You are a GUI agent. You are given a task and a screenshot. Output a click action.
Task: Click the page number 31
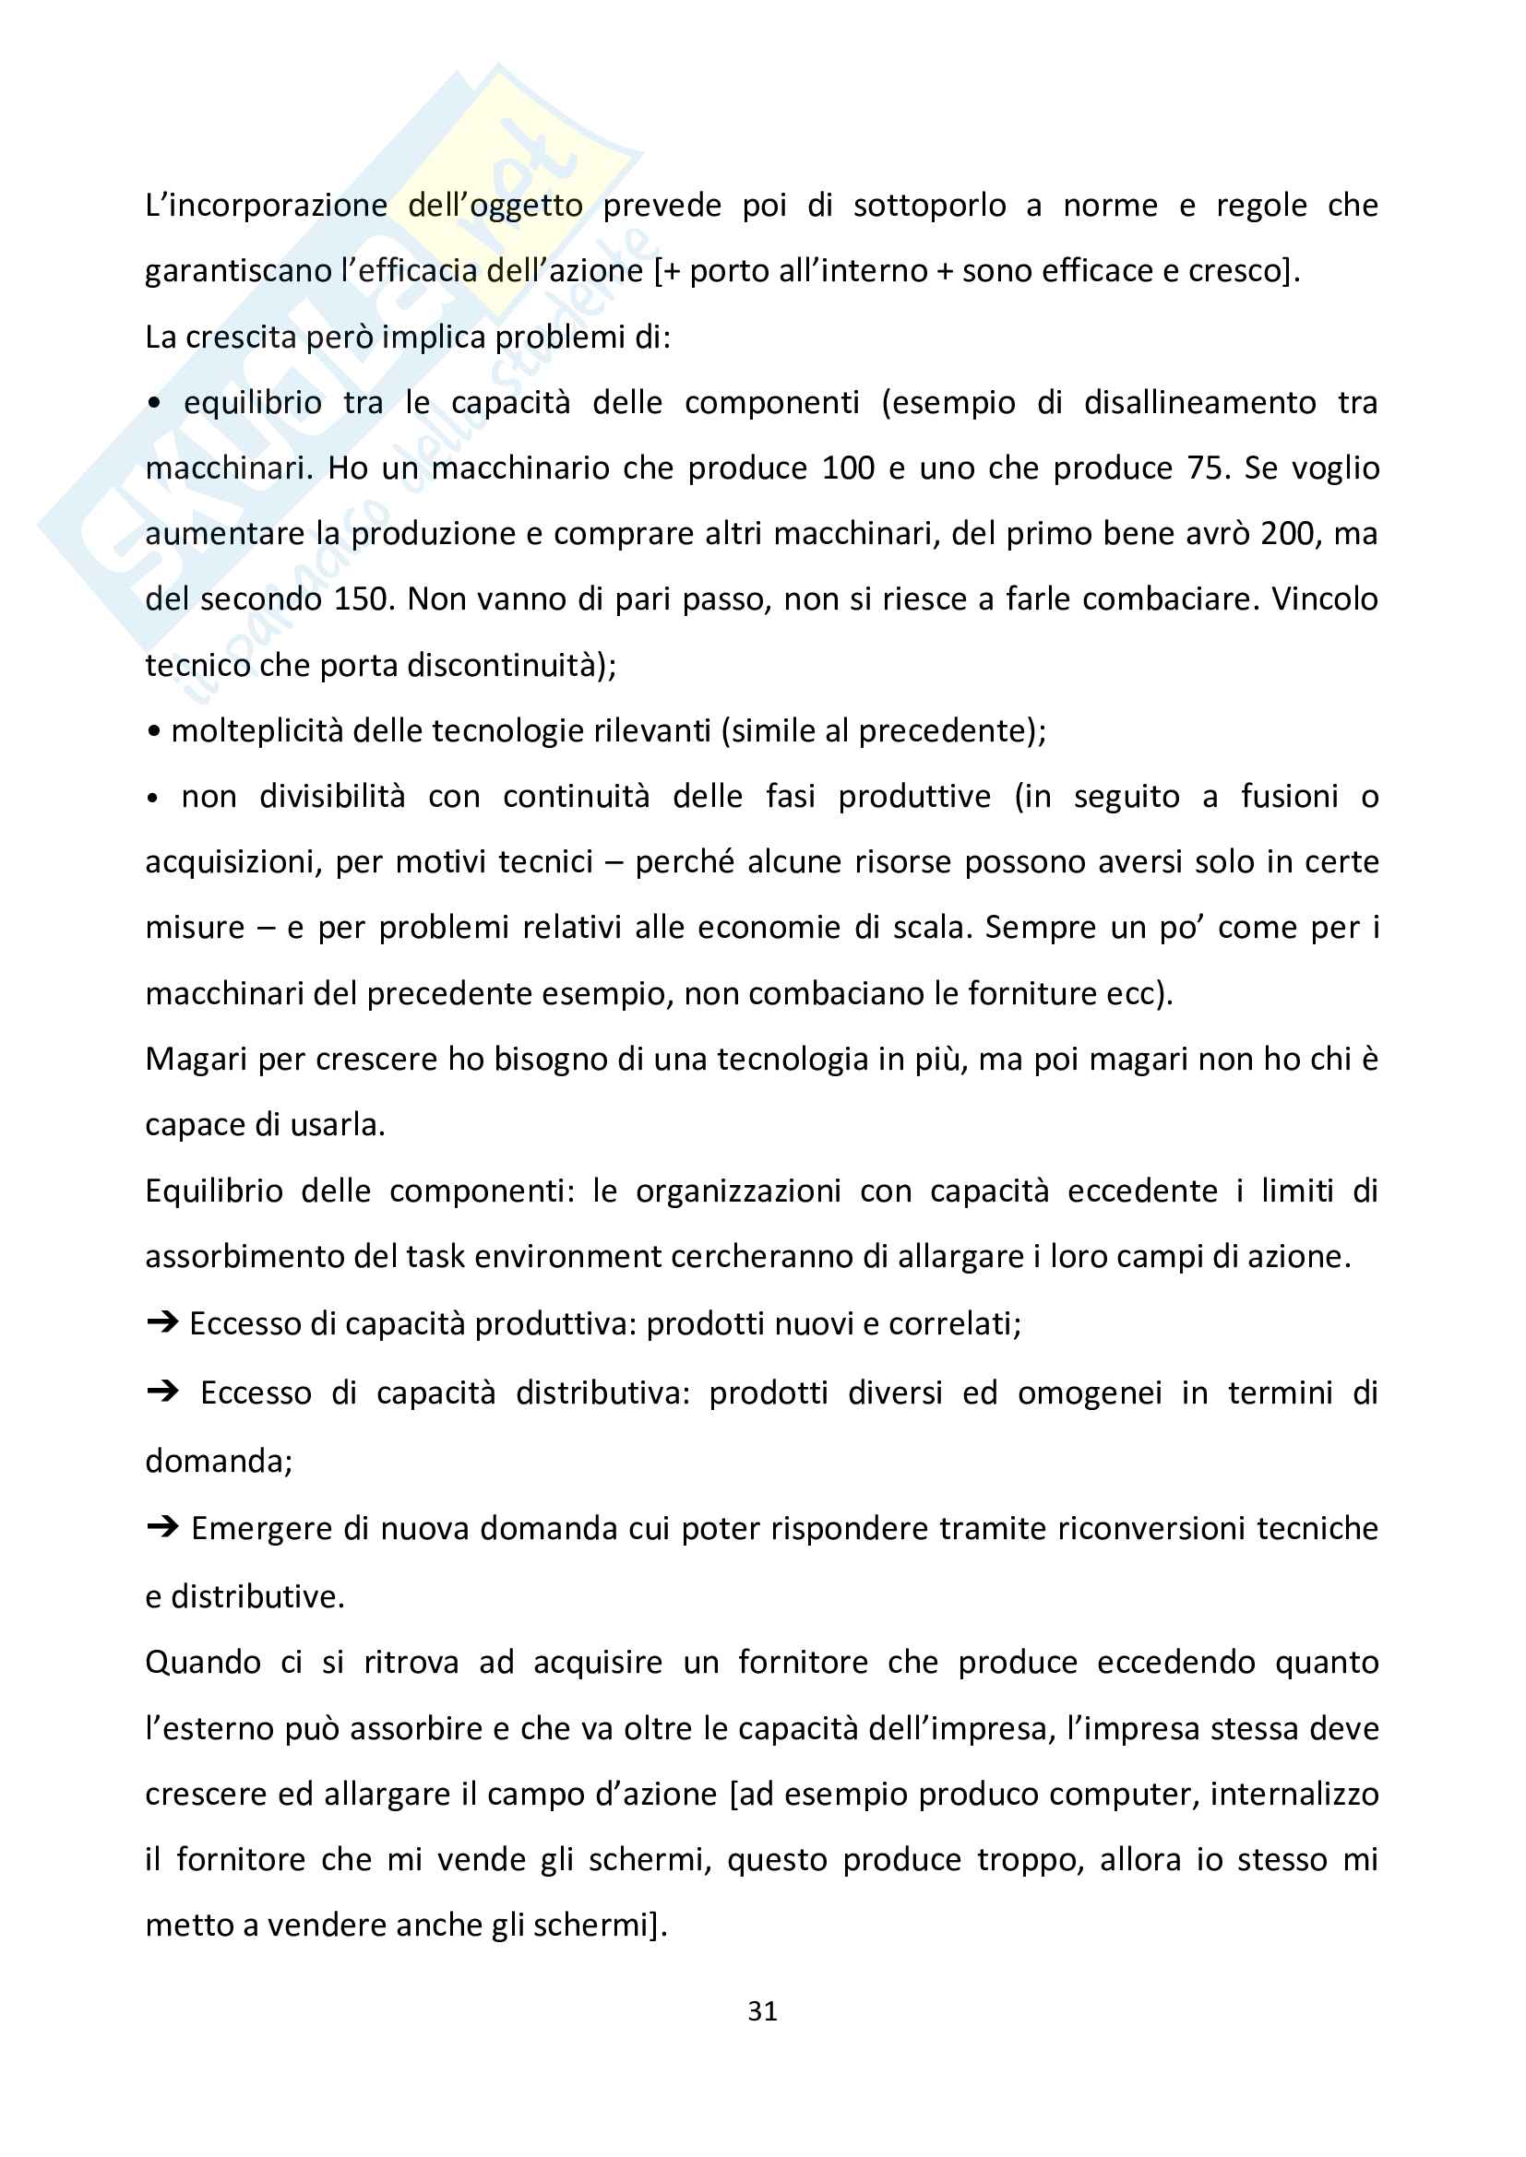pyautogui.click(x=762, y=2010)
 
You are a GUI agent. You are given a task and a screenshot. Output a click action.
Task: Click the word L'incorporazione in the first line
pyautogui.click(x=266, y=205)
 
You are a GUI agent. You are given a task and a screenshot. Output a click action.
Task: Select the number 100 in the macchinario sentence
pyautogui.click(x=849, y=468)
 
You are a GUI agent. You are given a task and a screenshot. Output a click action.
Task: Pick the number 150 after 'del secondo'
pyautogui.click(x=361, y=599)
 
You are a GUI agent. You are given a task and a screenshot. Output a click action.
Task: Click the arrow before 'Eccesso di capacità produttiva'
pyautogui.click(x=162, y=1322)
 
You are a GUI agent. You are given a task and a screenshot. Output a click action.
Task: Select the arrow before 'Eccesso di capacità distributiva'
pyautogui.click(x=162, y=1392)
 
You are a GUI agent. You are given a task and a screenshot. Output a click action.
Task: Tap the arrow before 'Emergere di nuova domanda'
pyautogui.click(x=162, y=1527)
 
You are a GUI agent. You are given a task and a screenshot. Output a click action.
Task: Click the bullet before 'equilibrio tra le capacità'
pyautogui.click(x=154, y=404)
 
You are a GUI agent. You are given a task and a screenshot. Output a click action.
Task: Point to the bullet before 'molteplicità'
pyautogui.click(x=154, y=731)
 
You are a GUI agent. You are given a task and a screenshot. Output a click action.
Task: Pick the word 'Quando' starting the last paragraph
pyautogui.click(x=203, y=1662)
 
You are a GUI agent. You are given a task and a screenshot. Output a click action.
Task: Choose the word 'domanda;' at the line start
pyautogui.click(x=219, y=1460)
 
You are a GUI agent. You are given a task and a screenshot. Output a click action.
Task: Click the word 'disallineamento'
pyautogui.click(x=1200, y=402)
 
